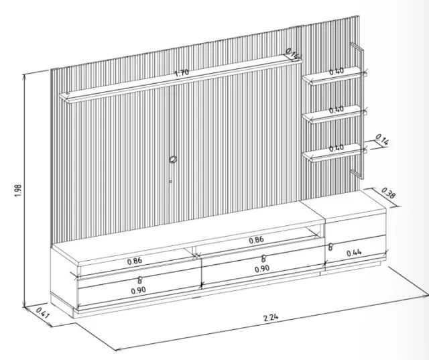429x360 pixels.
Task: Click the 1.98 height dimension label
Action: (x=18, y=190)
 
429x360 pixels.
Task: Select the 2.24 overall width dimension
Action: (x=271, y=317)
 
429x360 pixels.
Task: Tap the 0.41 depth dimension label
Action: (x=42, y=312)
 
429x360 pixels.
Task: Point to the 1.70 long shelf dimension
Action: (x=182, y=73)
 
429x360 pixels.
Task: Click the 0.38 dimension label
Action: (x=388, y=193)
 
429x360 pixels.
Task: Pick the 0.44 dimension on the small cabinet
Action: (x=354, y=253)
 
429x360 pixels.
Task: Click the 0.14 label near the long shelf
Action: (x=293, y=54)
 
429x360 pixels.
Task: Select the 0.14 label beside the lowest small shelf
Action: (x=382, y=139)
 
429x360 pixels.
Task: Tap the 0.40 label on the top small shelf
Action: (x=336, y=72)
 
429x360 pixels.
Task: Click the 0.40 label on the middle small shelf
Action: (x=336, y=110)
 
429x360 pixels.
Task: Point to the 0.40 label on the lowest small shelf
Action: (x=336, y=148)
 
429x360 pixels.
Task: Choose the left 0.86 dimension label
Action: (x=135, y=261)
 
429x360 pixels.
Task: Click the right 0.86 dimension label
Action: (x=257, y=240)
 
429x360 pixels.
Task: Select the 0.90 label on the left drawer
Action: (x=139, y=290)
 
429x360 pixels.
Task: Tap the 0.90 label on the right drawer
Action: (x=262, y=269)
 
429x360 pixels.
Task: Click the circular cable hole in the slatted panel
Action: (x=173, y=159)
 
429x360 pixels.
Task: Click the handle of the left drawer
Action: (x=140, y=280)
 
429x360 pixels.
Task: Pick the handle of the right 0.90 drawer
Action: (x=263, y=258)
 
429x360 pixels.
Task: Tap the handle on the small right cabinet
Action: (x=330, y=247)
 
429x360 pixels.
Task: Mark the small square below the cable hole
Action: (x=171, y=181)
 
